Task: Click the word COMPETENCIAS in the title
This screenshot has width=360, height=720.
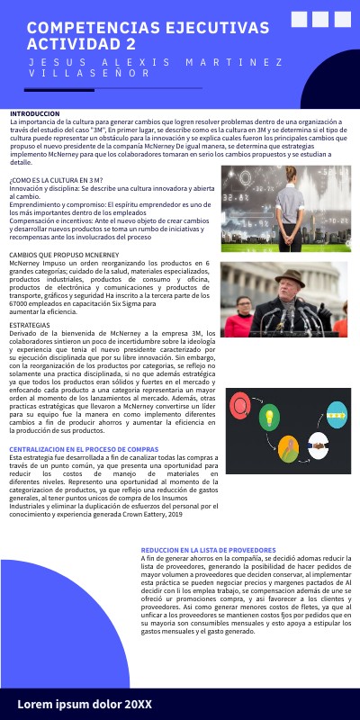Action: (85, 29)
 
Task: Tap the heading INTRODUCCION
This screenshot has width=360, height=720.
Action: (35, 114)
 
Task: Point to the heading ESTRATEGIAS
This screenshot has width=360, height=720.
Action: (31, 322)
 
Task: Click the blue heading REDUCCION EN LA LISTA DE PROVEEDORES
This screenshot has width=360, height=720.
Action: (208, 549)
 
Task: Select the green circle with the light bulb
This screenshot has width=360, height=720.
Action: (267, 418)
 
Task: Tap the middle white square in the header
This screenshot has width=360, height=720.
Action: (321, 20)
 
